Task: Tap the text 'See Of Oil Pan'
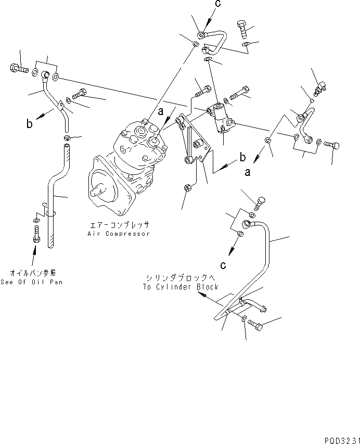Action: click(35, 282)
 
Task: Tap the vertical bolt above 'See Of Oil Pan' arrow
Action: click(35, 233)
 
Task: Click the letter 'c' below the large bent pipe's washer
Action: click(222, 265)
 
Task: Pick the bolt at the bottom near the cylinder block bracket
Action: click(255, 325)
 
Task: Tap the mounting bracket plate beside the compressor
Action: click(192, 141)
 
